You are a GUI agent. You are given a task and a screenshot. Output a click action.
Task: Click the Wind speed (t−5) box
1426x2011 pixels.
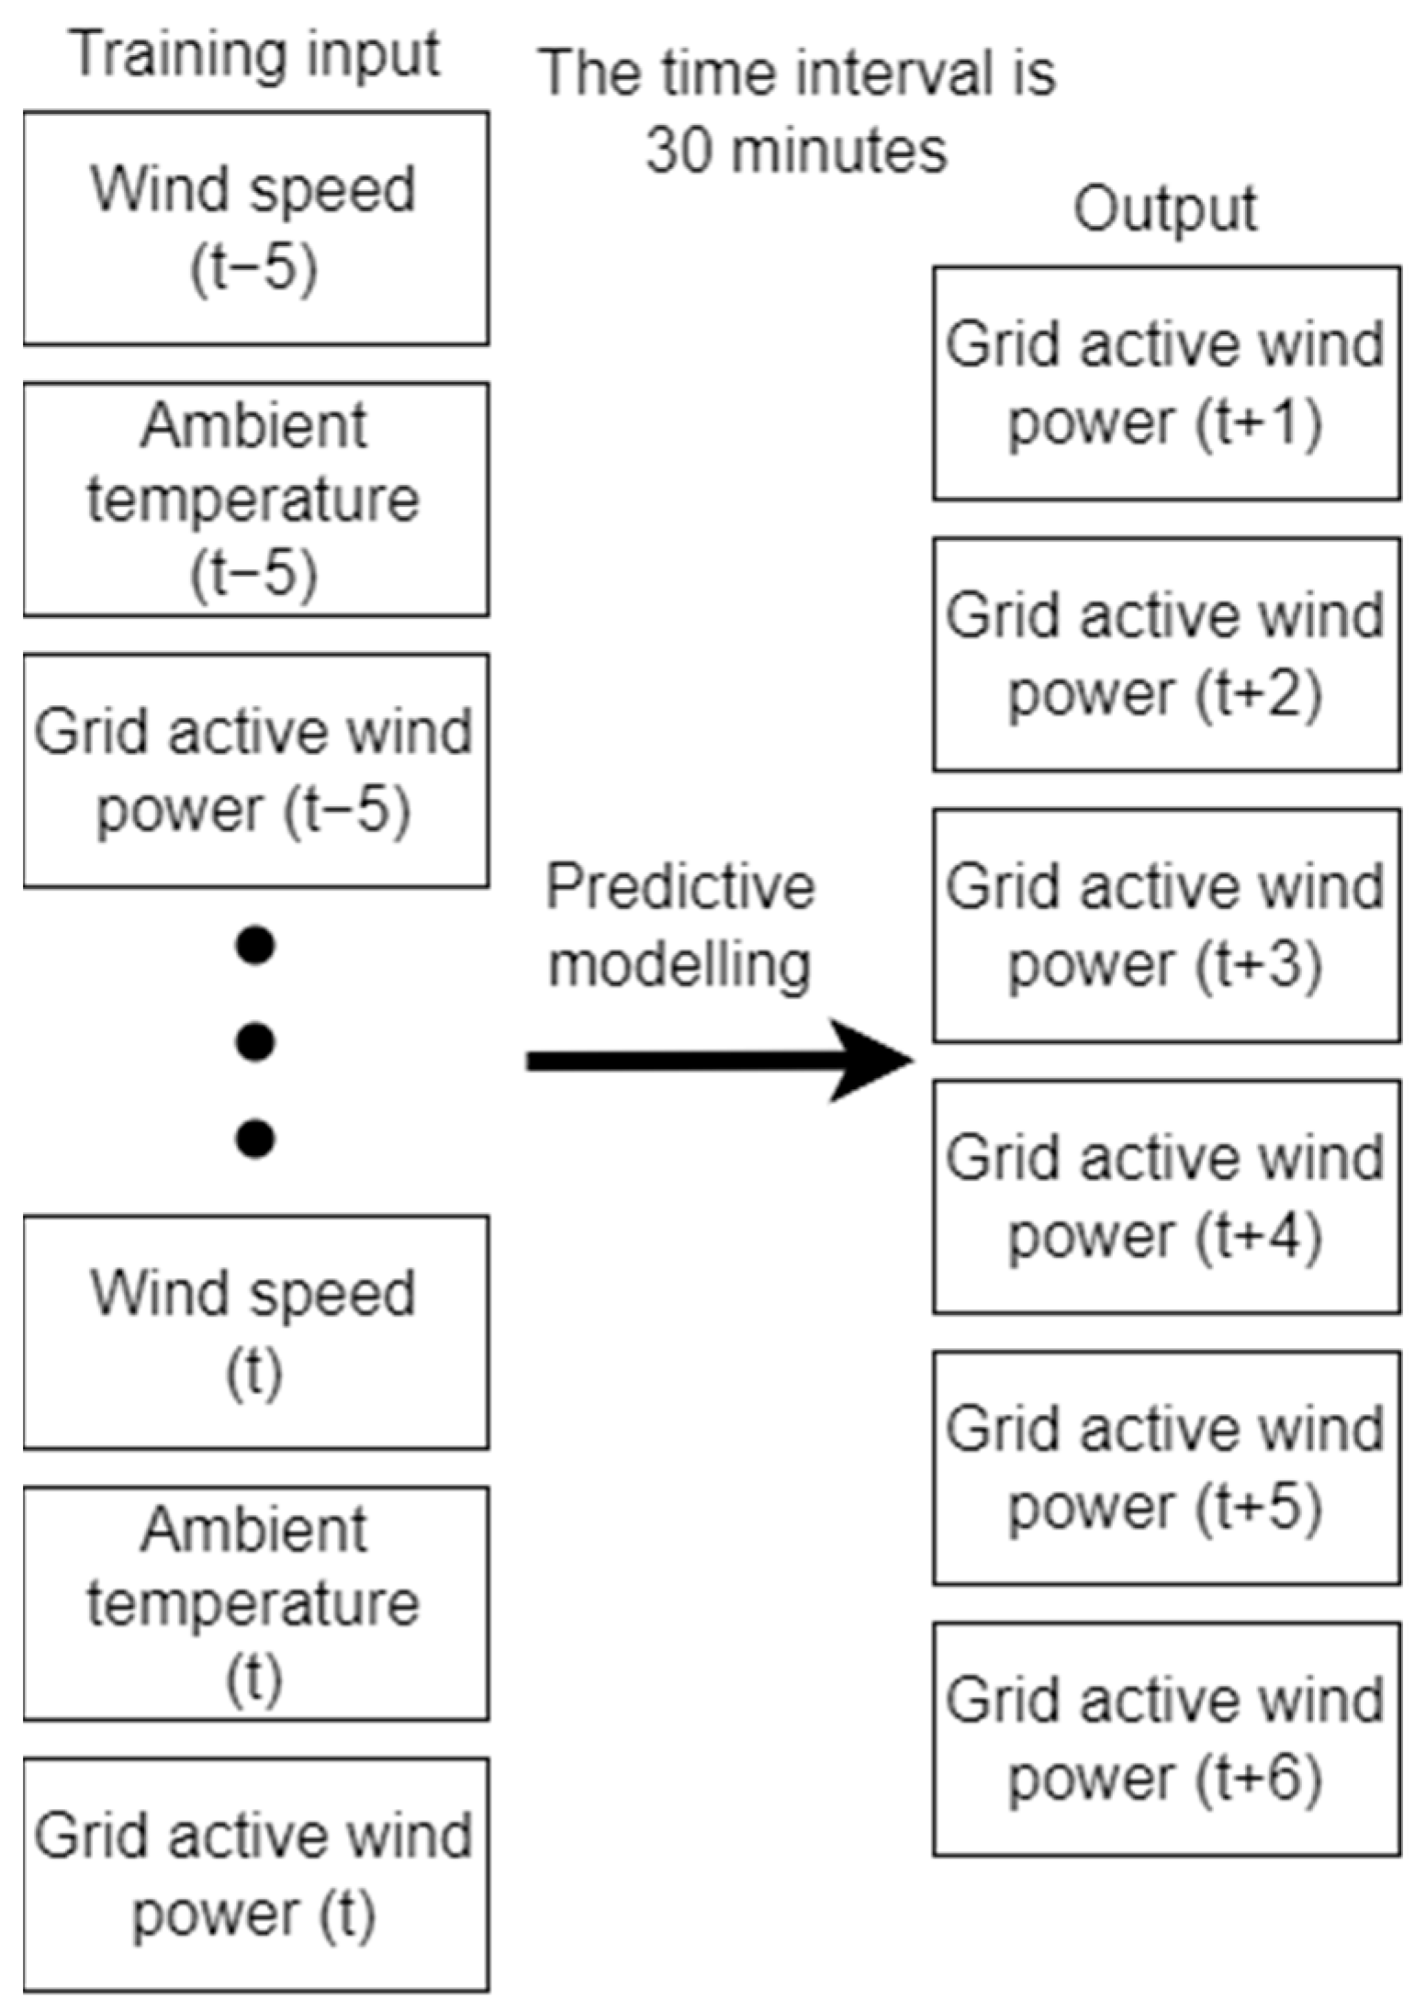(255, 228)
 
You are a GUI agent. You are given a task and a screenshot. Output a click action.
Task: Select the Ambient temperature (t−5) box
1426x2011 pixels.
(255, 499)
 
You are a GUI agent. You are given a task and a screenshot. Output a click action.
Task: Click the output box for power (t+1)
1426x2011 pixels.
(1166, 383)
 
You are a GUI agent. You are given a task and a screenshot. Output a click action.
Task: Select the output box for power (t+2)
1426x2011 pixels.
(1166, 654)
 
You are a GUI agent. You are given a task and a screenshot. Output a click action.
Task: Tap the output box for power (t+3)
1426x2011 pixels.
(1166, 925)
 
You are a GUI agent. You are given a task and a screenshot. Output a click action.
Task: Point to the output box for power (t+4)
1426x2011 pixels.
(1166, 1196)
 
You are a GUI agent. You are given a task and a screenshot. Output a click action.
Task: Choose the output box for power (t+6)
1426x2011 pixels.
(1166, 1738)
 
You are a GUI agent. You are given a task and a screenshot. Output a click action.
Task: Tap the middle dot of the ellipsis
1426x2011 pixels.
(255, 1042)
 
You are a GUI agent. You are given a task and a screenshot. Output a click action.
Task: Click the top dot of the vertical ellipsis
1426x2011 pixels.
(255, 946)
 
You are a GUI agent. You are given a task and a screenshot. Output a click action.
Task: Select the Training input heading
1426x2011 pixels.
(255, 55)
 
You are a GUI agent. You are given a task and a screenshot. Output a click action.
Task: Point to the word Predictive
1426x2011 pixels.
(679, 888)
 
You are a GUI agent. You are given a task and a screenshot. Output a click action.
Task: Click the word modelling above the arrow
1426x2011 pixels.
(679, 966)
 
